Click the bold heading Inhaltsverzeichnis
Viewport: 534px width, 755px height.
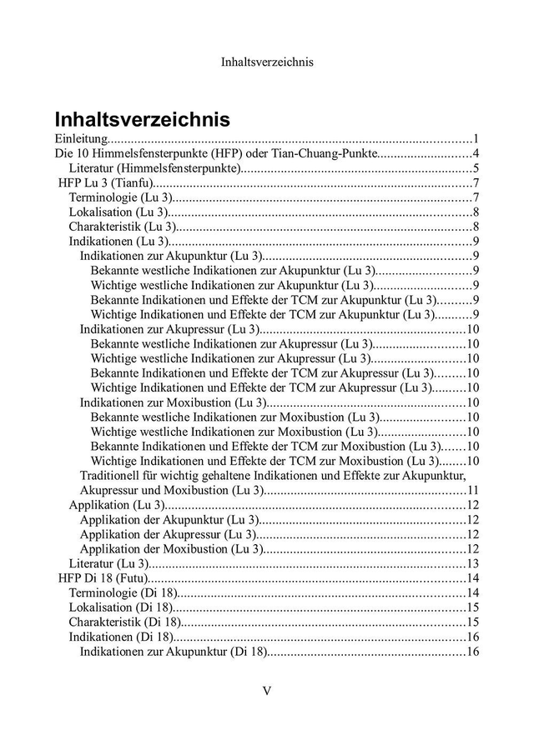(x=143, y=117)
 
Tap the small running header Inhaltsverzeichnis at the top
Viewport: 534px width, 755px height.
(x=267, y=62)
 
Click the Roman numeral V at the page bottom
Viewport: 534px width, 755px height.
(x=267, y=691)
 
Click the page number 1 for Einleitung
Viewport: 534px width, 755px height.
(x=475, y=138)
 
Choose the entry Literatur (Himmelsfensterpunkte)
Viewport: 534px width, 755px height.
(x=155, y=168)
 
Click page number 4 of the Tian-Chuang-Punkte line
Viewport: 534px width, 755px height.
(x=475, y=153)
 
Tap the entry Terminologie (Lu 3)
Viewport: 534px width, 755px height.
(x=120, y=197)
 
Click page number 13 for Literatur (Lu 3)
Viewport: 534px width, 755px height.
(x=472, y=563)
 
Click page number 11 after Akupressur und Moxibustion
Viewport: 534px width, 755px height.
(x=472, y=490)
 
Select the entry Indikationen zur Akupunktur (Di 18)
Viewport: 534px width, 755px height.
(x=173, y=651)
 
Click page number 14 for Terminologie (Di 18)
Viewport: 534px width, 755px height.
(x=472, y=592)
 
